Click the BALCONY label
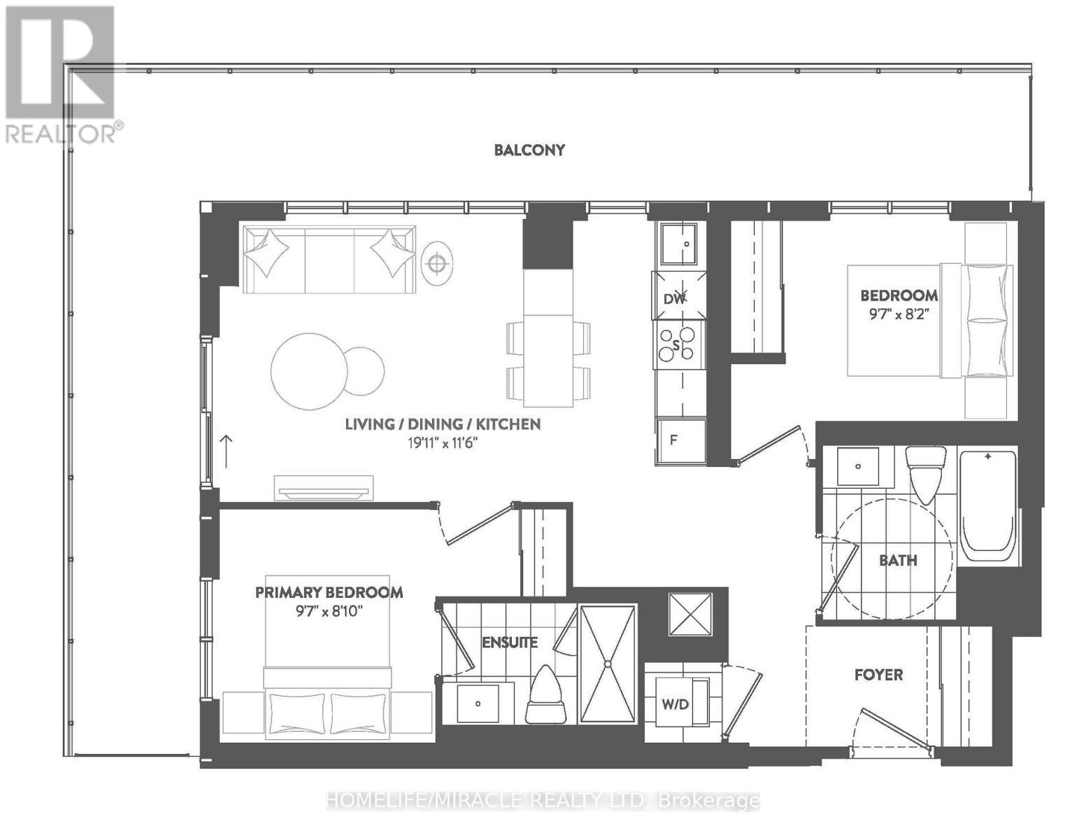pos(529,150)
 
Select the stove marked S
pos(677,345)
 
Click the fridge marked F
pos(680,441)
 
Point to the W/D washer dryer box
pos(676,703)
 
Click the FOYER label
pos(878,675)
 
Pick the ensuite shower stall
pos(608,664)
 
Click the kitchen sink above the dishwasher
pos(680,244)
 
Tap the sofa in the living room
pos(329,260)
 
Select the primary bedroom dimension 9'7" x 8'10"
pos(329,611)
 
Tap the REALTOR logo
pos(62,73)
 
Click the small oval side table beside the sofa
pos(437,263)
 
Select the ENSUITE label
pos(510,642)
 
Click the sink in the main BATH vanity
pos(858,466)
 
